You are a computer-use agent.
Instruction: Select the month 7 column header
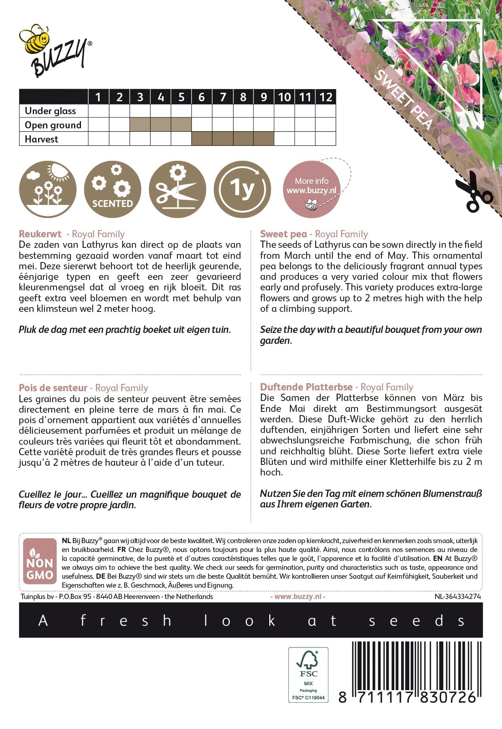click(223, 97)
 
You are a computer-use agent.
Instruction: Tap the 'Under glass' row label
click(50, 111)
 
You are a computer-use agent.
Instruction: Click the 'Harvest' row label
click(41, 139)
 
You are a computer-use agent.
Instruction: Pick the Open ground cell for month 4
click(161, 125)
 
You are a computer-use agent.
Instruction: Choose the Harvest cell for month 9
click(264, 139)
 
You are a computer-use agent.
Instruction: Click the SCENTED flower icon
click(113, 189)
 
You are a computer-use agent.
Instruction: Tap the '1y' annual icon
click(242, 189)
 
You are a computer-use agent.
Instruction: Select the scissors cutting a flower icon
click(177, 189)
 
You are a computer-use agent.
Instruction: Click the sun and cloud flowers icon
click(48, 189)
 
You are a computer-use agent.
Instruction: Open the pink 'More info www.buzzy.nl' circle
click(312, 189)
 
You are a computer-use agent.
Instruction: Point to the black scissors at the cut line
click(472, 192)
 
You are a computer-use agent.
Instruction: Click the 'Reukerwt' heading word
click(40, 234)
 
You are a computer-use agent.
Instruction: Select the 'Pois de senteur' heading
click(53, 388)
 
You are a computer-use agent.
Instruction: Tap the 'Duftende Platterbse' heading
click(306, 387)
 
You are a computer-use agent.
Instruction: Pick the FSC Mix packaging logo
click(308, 674)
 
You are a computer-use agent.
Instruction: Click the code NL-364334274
click(457, 597)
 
